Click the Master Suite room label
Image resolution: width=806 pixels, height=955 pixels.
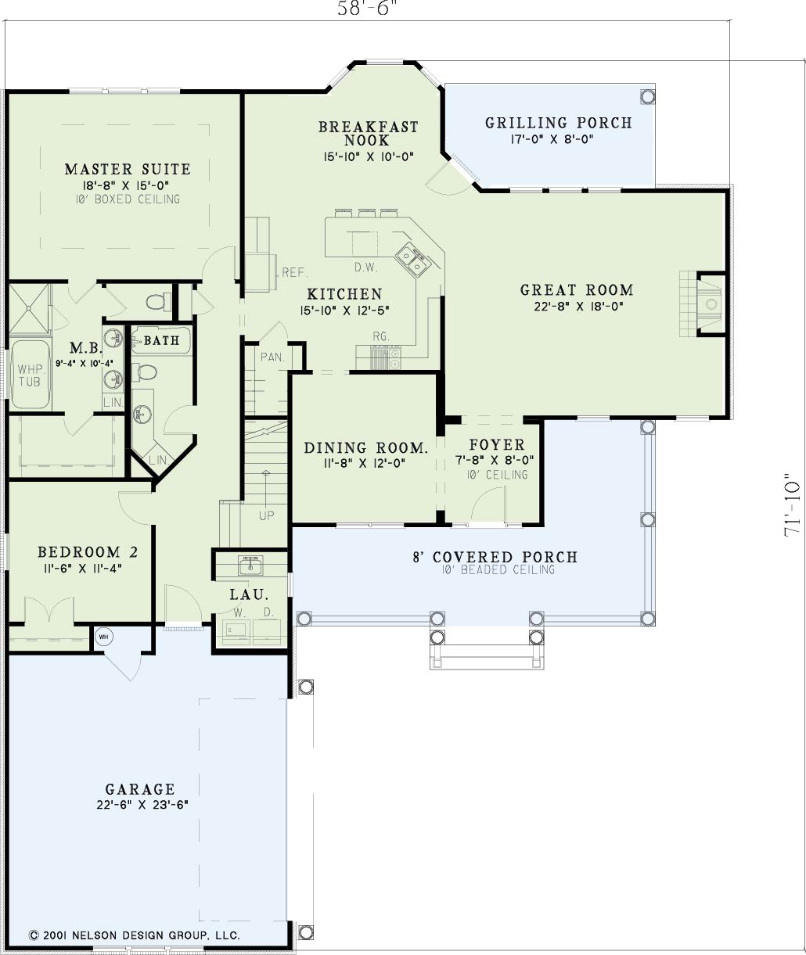click(128, 169)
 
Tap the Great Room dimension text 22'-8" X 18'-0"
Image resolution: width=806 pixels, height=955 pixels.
click(579, 307)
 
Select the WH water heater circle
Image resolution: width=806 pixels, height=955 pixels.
click(104, 637)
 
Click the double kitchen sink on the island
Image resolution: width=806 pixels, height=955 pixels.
click(411, 260)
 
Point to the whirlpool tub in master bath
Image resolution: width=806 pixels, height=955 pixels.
click(30, 375)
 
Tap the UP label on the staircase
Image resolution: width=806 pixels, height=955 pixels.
click(266, 516)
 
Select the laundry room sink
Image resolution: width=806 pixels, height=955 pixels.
click(250, 565)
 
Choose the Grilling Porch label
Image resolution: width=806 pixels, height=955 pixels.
click(559, 123)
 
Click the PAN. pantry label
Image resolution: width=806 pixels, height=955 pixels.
click(273, 357)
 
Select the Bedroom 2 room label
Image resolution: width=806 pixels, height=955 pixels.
click(88, 552)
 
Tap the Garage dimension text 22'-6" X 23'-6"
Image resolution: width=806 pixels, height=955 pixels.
click(142, 805)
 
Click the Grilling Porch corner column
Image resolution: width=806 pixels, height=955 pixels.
click(647, 96)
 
